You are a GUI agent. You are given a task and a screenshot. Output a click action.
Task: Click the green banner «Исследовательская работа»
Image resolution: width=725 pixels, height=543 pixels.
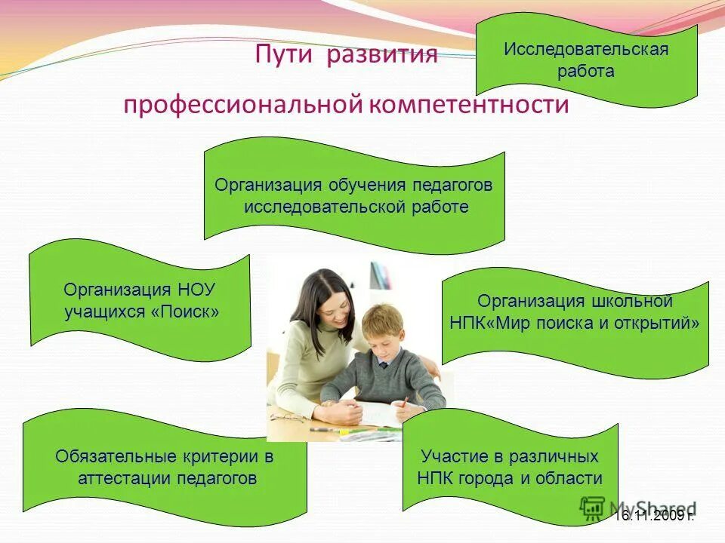click(586, 60)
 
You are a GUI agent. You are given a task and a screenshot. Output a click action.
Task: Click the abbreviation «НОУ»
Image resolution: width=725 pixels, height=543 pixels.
click(202, 290)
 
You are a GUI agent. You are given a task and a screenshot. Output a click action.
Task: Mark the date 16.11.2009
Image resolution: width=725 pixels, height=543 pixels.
click(652, 516)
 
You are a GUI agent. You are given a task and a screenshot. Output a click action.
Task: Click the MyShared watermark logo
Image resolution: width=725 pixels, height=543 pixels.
click(638, 507)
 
